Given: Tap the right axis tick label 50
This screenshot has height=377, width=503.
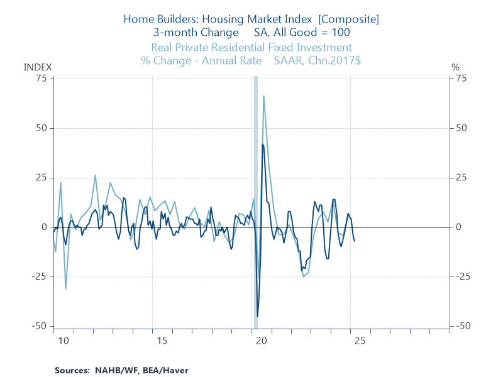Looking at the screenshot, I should coord(461,128).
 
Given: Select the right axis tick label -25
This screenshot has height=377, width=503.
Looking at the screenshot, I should coord(462,276).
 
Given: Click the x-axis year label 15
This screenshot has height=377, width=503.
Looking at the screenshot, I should coord(162,341).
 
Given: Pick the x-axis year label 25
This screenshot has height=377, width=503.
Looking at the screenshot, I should coord(361,341).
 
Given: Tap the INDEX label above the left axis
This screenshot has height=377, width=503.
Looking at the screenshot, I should coord(38,67).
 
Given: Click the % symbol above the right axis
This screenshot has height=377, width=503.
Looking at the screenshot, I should coord(456,67).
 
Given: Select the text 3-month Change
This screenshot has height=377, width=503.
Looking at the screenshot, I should coord(185,33).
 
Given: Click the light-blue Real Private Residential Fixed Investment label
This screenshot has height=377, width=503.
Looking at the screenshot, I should coord(251,48).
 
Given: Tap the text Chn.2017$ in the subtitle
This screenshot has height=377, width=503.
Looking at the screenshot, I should coord(333,61).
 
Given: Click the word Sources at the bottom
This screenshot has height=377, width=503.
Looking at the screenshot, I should coord(72,370).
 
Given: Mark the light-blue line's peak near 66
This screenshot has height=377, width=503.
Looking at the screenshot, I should coord(263,96).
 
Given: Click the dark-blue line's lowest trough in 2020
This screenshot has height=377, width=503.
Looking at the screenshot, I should coord(257,316).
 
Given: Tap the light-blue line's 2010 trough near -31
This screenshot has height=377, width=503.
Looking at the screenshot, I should coord(65,288).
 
